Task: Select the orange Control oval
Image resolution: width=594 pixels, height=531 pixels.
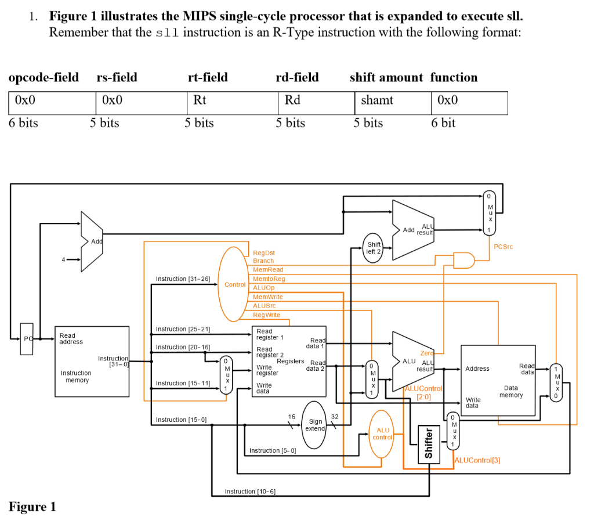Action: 234,284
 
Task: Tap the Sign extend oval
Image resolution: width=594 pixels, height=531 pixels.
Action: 316,425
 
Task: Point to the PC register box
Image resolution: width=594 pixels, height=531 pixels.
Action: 27,337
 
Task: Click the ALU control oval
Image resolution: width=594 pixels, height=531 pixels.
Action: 382,434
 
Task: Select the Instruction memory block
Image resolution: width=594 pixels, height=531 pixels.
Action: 92,361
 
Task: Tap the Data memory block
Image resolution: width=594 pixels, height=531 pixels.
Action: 498,380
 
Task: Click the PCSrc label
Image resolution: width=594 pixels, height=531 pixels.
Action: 502,247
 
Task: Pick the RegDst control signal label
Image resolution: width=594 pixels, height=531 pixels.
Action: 264,252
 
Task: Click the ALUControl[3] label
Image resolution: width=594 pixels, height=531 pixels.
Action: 477,460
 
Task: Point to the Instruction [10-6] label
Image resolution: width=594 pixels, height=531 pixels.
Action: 250,492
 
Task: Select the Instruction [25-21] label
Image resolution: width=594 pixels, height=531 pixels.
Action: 183,329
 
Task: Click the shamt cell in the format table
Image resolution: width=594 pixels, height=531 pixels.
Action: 377,100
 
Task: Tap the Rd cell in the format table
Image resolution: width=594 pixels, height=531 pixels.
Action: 293,100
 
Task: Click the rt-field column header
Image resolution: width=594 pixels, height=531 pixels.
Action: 208,77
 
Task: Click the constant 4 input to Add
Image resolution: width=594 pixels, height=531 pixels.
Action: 64,259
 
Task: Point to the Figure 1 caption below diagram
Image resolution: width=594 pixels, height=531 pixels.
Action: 32,507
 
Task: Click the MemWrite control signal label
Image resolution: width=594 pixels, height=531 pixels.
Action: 268,297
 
